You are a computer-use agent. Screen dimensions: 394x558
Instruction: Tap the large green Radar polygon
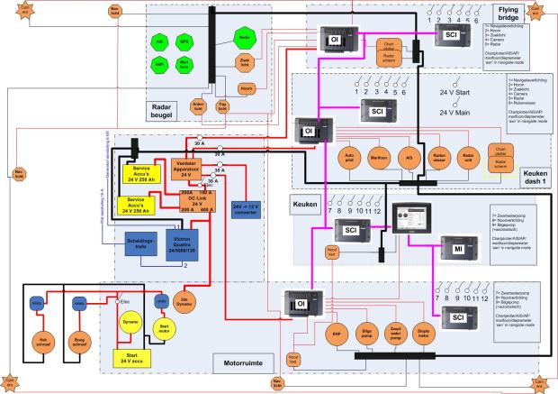243,37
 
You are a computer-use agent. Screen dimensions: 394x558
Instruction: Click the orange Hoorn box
246,87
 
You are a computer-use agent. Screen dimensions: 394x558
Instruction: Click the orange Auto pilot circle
349,156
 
